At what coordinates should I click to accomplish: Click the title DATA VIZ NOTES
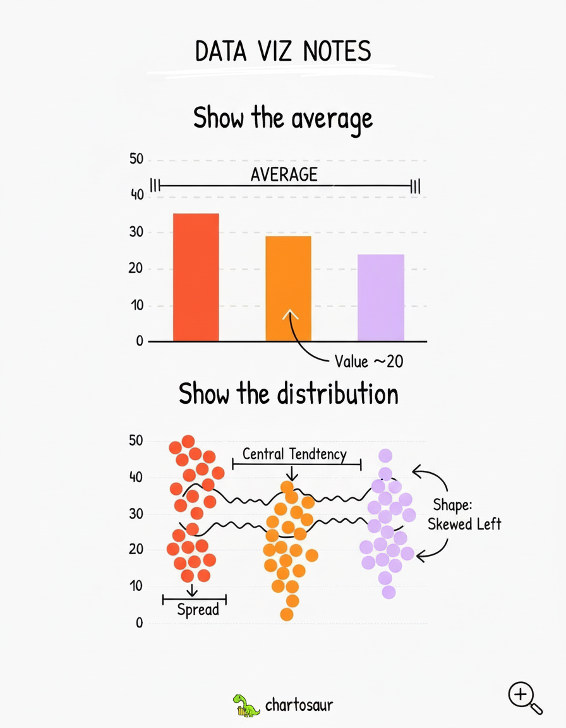pyautogui.click(x=282, y=52)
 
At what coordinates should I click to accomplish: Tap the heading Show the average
pyautogui.click(x=282, y=118)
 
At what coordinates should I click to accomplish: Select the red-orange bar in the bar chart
pyautogui.click(x=196, y=277)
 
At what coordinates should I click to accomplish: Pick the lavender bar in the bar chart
pyautogui.click(x=380, y=298)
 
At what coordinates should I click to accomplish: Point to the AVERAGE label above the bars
pyautogui.click(x=284, y=174)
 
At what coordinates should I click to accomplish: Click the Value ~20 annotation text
pyautogui.click(x=369, y=361)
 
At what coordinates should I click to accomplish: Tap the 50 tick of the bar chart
pyautogui.click(x=136, y=159)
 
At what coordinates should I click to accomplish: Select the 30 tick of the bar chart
pyautogui.click(x=136, y=233)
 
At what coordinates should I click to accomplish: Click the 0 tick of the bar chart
pyautogui.click(x=138, y=342)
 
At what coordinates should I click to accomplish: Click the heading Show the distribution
pyautogui.click(x=288, y=394)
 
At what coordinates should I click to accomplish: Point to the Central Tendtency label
pyautogui.click(x=294, y=454)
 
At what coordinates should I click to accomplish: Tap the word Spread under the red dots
pyautogui.click(x=198, y=610)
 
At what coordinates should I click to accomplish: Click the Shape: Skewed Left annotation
pyautogui.click(x=464, y=514)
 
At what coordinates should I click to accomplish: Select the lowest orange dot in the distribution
pyautogui.click(x=287, y=614)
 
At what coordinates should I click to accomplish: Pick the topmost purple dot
pyautogui.click(x=385, y=456)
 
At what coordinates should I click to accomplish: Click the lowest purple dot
pyautogui.click(x=388, y=592)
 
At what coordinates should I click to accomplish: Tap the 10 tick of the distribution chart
pyautogui.click(x=136, y=586)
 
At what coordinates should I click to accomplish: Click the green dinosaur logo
pyautogui.click(x=246, y=705)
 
